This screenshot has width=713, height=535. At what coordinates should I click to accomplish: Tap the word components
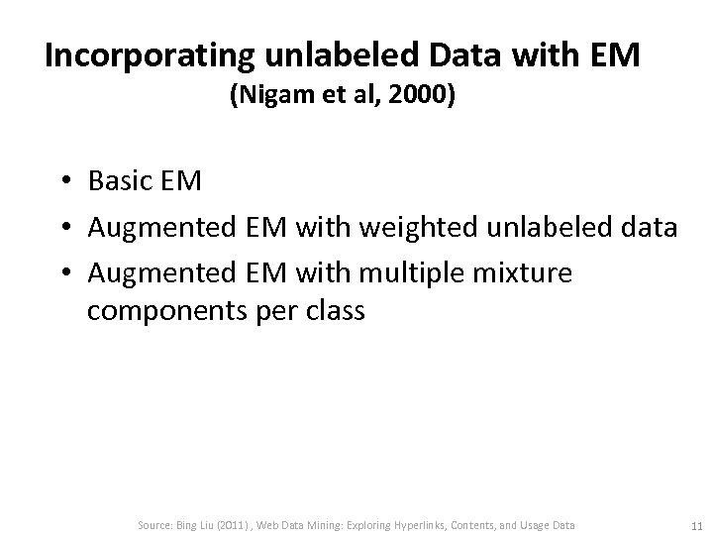point(164,310)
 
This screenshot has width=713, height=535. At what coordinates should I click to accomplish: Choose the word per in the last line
point(272,312)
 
